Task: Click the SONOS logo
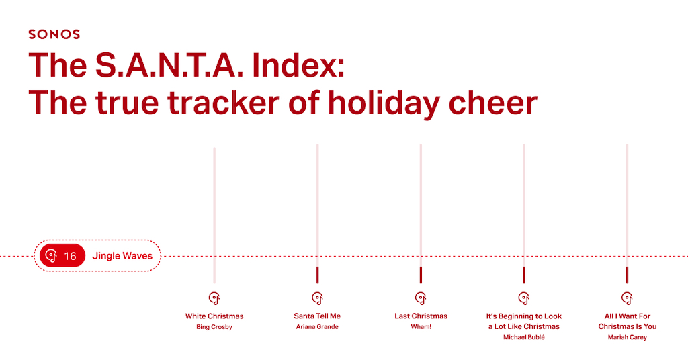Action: [54, 34]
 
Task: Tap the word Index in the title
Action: [298, 65]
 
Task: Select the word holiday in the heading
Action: [384, 103]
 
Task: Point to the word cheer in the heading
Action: [493, 103]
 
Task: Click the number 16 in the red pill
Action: [70, 256]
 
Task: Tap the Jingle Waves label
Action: [122, 256]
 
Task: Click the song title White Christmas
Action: [214, 316]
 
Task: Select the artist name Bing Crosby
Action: [214, 327]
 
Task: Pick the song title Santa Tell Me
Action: [317, 316]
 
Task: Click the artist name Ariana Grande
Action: [317, 326]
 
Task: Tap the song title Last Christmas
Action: [421, 316]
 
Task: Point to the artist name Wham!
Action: [421, 326]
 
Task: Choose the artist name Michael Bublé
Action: [524, 337]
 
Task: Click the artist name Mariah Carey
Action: [628, 337]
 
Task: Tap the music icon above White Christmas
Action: [214, 298]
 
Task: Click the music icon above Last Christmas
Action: [421, 298]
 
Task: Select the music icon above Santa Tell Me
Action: [317, 298]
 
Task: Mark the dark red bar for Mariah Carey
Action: [627, 275]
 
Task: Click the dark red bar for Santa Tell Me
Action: [317, 275]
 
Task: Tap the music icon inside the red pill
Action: [51, 256]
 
